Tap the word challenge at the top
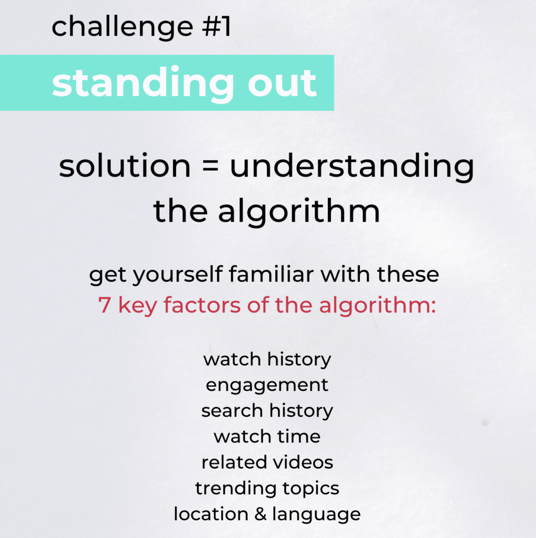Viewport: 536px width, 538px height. pos(122,28)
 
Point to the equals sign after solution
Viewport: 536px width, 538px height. pos(210,166)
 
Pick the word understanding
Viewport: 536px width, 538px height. pos(352,168)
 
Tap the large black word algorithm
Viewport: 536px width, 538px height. pos(298,212)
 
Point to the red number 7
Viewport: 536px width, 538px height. pos(105,305)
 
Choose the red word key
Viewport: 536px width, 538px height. pos(137,306)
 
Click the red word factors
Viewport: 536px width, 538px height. pos(202,305)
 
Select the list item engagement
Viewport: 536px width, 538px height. pos(267,386)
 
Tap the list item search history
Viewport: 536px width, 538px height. pos(267,411)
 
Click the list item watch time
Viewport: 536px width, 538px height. pos(267,437)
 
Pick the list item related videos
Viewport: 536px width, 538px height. pos(267,462)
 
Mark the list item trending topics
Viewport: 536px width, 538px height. pos(267,489)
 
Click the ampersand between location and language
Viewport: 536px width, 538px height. pos(261,514)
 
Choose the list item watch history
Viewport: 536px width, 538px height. pos(267,360)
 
